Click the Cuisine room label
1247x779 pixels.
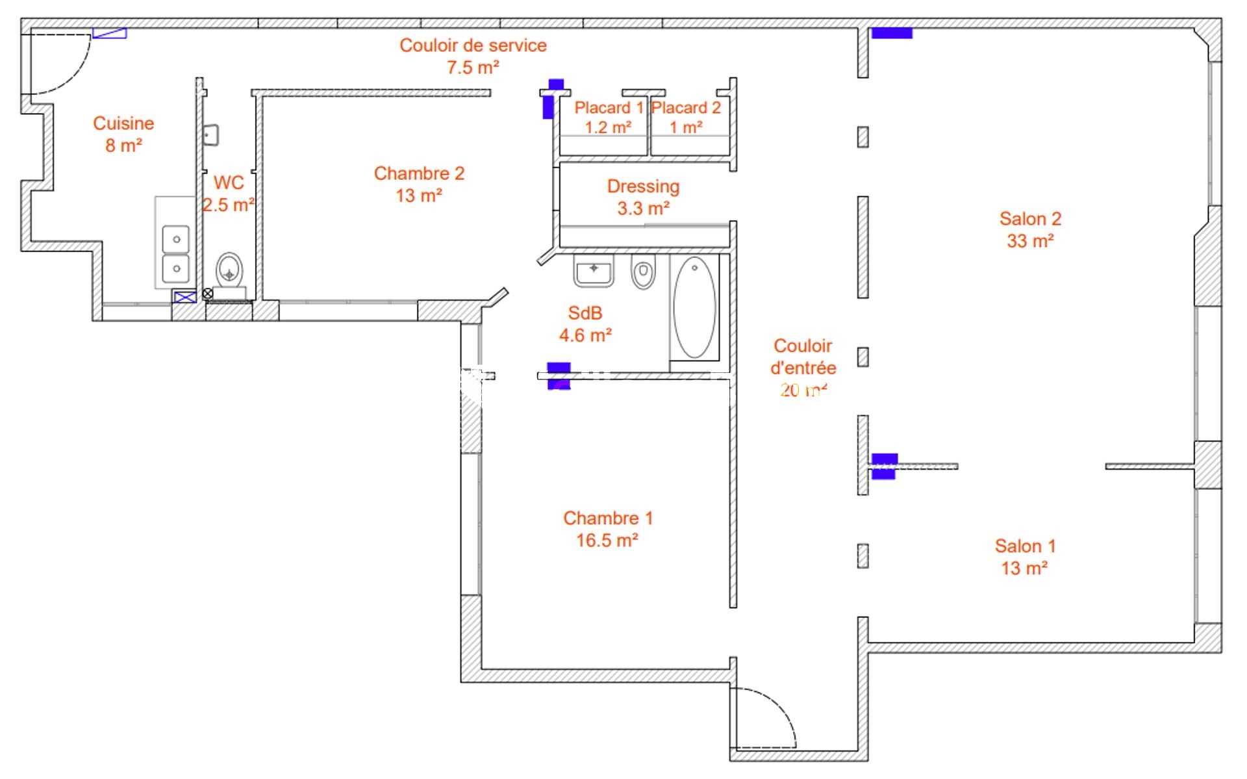click(123, 123)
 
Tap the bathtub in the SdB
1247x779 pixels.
click(694, 307)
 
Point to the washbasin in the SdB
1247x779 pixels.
click(594, 270)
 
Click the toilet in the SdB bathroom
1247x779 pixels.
click(643, 272)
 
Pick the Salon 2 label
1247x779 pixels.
click(1030, 219)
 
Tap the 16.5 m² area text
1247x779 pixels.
click(607, 541)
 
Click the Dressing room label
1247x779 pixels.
click(643, 186)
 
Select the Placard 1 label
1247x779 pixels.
click(609, 108)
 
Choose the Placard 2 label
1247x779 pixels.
click(686, 108)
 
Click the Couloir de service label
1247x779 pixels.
click(473, 45)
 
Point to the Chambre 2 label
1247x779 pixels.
click(419, 173)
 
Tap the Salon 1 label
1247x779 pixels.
click(1025, 546)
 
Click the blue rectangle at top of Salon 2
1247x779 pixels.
click(891, 33)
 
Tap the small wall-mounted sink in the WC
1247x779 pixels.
click(210, 135)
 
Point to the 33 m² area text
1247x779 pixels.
click(1030, 241)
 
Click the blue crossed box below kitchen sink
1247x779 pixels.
click(185, 297)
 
